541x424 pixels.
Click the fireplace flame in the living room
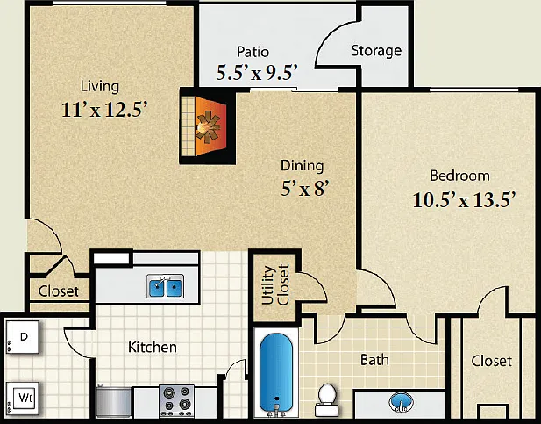pyautogui.click(x=208, y=126)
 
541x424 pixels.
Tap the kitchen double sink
pyautogui.click(x=165, y=286)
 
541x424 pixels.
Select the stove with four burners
pyautogui.click(x=176, y=401)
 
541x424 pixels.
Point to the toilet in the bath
pyautogui.click(x=326, y=400)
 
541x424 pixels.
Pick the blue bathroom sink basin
pyautogui.click(x=401, y=402)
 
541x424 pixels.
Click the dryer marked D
pyautogui.click(x=23, y=337)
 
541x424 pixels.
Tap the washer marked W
pyautogui.click(x=24, y=399)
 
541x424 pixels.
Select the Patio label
pyautogui.click(x=253, y=52)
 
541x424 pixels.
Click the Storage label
pyautogui.click(x=376, y=51)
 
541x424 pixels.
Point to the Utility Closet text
pyautogui.click(x=275, y=285)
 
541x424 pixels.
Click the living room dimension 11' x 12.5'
pyautogui.click(x=104, y=109)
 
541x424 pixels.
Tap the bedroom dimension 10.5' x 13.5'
pyautogui.click(x=464, y=200)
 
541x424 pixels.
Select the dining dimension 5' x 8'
pyautogui.click(x=303, y=189)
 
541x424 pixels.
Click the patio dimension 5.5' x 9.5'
pyautogui.click(x=257, y=73)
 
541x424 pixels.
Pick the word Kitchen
pyautogui.click(x=153, y=347)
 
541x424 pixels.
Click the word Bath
pyautogui.click(x=374, y=360)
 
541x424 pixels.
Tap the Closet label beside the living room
pyautogui.click(x=59, y=291)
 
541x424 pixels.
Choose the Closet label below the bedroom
pyautogui.click(x=491, y=361)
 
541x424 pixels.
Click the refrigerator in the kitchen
pyautogui.click(x=114, y=401)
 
